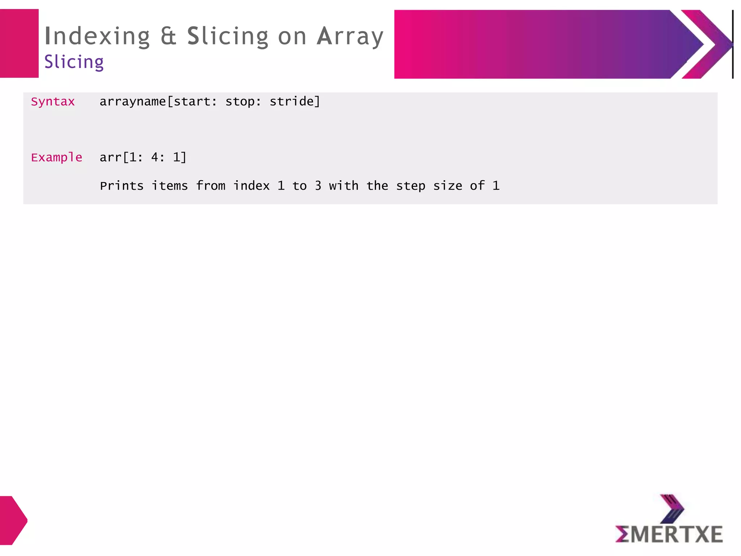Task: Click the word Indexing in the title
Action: click(x=97, y=37)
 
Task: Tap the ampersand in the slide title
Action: click(x=168, y=36)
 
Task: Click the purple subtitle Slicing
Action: click(x=74, y=62)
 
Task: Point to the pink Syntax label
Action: click(x=53, y=102)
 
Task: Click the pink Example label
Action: click(x=56, y=157)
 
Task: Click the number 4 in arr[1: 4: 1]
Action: click(x=155, y=157)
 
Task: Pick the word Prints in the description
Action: click(x=122, y=186)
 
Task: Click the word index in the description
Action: click(x=251, y=186)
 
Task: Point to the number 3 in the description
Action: click(x=318, y=186)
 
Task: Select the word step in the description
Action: click(x=411, y=186)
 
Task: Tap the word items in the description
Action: click(x=170, y=186)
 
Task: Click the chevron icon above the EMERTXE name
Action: click(x=672, y=508)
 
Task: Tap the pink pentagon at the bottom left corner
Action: click(x=12, y=520)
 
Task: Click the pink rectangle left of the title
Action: click(x=19, y=43)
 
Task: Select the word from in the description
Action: click(x=211, y=186)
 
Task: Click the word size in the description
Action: click(x=448, y=186)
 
